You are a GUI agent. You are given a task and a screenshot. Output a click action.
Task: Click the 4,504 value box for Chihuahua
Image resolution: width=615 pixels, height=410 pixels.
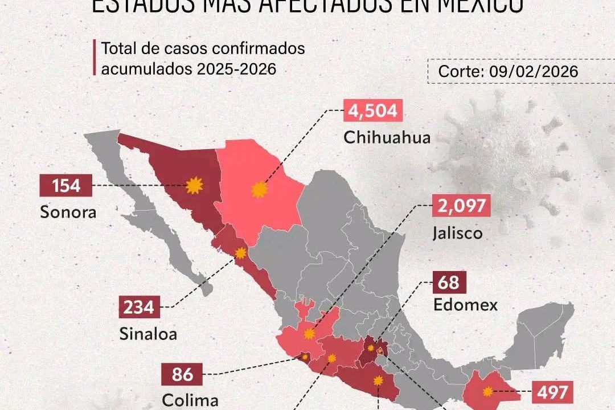372,111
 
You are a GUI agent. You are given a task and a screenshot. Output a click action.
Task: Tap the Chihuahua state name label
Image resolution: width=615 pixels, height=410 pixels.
387,138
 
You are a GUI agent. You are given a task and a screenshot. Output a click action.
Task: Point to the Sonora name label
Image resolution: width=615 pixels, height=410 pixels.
67,212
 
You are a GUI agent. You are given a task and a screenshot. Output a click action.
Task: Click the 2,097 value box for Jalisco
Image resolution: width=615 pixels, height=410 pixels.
462,206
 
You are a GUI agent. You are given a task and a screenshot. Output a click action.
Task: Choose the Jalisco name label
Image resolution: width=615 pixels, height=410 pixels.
457,233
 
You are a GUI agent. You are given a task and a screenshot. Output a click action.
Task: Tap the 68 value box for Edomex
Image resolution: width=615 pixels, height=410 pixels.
450,282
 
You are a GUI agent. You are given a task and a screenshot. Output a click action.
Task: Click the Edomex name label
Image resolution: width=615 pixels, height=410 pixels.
465,305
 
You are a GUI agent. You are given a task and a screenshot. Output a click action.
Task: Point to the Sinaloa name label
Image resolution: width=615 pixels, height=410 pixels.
148,334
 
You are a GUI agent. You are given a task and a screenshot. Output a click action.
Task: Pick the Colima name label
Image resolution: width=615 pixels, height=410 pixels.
190,400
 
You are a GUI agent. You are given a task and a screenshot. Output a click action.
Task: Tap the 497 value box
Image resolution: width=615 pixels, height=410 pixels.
551,392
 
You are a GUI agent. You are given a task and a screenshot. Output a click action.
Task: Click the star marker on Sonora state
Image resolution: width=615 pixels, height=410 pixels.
195,185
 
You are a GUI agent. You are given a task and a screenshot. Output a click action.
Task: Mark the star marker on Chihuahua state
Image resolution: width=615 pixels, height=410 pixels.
260,190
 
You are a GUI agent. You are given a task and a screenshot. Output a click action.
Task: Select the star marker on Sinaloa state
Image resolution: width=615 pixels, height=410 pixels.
240,253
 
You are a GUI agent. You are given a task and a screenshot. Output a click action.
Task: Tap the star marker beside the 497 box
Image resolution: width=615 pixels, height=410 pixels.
487,391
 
